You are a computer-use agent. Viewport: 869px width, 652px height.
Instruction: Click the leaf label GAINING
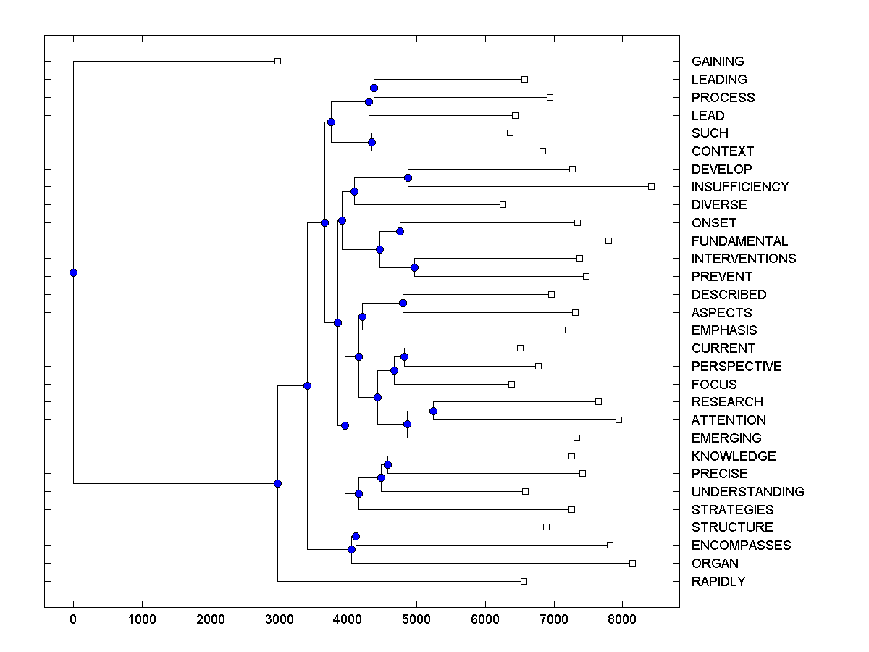point(718,62)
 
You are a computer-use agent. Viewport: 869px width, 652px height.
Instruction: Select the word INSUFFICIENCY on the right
point(739,187)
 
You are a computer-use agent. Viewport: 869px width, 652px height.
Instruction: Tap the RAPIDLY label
point(718,581)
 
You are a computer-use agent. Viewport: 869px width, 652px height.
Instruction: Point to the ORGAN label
point(715,563)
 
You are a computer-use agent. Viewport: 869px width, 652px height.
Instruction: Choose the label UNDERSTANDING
point(747,491)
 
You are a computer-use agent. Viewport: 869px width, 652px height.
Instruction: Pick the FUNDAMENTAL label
point(739,241)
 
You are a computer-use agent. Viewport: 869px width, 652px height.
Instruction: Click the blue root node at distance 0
point(73,272)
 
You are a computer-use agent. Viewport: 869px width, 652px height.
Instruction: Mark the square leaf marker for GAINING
point(277,62)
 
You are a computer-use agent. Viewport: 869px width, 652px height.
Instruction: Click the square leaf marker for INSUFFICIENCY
point(651,187)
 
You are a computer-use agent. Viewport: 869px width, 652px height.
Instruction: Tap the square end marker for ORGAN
point(632,563)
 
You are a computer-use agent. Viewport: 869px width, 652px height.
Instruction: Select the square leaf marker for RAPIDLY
point(524,581)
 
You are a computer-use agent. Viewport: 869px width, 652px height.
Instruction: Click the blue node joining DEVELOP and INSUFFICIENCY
point(408,177)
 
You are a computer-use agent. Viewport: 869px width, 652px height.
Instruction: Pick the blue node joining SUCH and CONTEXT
point(371,142)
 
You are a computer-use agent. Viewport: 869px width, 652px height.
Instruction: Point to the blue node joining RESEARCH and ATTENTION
point(433,411)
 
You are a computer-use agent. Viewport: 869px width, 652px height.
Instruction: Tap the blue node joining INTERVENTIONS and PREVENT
point(414,267)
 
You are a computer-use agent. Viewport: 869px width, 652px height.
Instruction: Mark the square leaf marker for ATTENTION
point(618,419)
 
